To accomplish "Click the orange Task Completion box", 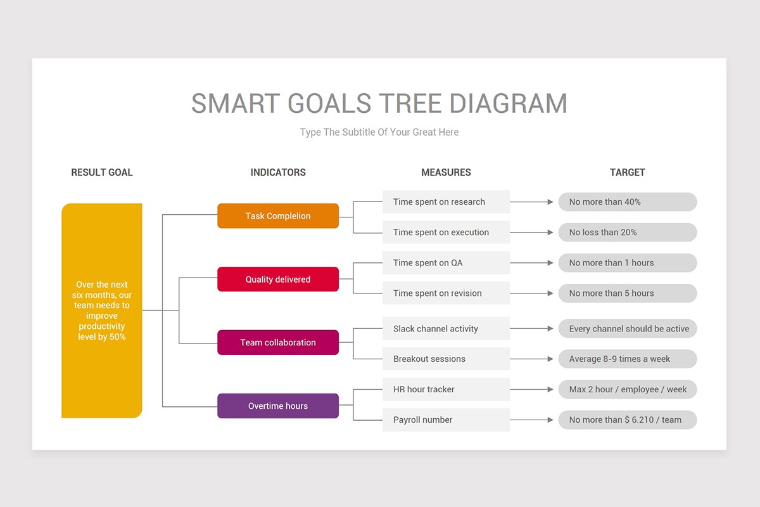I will (277, 216).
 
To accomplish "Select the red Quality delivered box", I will (277, 279).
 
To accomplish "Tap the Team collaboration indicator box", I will (277, 343).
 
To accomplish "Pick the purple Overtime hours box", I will (277, 406).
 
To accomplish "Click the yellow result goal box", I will (101, 311).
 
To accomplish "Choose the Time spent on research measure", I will (446, 202).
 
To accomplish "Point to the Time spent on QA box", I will (446, 263).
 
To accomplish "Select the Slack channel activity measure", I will (446, 329).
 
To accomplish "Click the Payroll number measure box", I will (446, 420).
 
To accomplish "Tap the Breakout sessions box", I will (446, 359).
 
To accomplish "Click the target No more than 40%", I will (627, 202).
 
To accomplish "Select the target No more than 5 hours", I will (627, 293).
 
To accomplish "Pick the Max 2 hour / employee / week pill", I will (627, 390).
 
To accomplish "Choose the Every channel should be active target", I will (627, 329).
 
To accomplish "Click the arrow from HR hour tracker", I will (532, 390).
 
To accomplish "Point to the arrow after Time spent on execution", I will (532, 233).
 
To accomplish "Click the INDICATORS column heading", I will (277, 172).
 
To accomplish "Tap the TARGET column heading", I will (627, 172).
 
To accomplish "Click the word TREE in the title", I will (411, 103).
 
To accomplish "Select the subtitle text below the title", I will (379, 132).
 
